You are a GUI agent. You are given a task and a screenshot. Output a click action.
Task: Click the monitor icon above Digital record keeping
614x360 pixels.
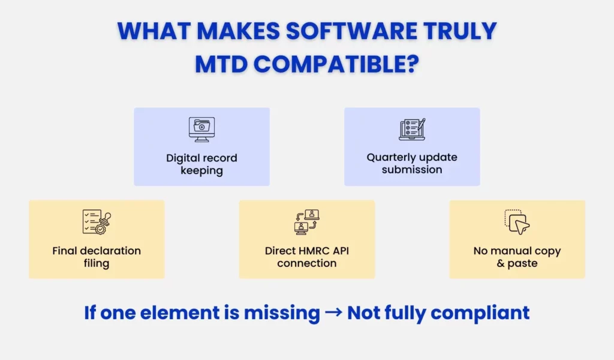201,129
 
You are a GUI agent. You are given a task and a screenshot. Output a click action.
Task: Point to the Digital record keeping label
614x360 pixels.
201,164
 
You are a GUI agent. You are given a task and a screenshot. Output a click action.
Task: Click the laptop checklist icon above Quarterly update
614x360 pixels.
412,129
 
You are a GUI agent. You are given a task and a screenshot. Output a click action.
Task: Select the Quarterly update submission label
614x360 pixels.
412,163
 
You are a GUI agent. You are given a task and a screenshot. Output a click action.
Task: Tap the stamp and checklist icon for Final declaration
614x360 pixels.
97,222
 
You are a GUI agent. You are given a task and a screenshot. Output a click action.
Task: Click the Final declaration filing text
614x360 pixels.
97,257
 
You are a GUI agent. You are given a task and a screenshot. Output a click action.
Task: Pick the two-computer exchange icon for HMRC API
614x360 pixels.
307,222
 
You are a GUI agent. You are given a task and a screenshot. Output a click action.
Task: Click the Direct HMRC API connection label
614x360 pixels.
307,257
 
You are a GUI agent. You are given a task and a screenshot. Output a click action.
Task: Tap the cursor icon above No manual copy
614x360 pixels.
517,222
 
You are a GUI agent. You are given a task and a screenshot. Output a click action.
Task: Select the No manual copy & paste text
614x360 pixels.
517,257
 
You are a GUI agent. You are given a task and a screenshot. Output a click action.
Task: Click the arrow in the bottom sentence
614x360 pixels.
333,313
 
